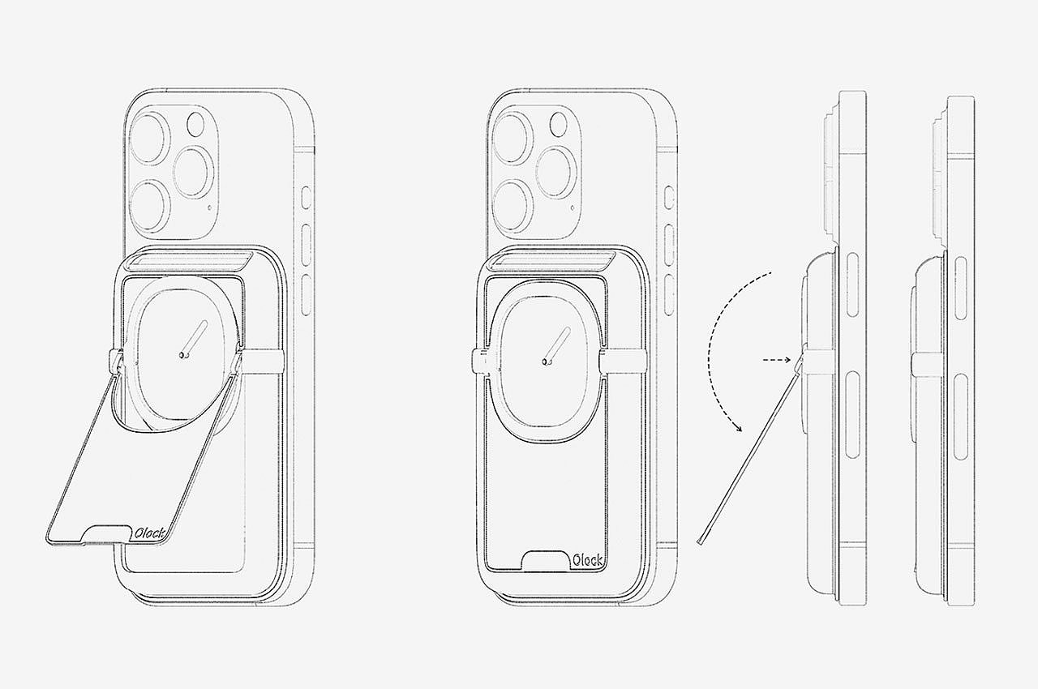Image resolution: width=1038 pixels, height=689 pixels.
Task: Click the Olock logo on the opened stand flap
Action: click(149, 533)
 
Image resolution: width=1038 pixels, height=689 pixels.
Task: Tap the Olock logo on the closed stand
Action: click(588, 560)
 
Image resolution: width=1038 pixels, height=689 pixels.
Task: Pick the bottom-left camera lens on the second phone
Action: click(511, 205)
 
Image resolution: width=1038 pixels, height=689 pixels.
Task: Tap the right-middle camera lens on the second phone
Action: click(556, 172)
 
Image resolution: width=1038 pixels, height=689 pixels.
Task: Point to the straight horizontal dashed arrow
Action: click(777, 360)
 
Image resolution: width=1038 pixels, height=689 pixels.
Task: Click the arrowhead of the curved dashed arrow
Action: click(738, 426)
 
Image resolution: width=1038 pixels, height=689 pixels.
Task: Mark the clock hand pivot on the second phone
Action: click(546, 362)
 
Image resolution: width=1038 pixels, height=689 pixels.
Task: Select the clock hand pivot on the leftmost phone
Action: click(182, 355)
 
